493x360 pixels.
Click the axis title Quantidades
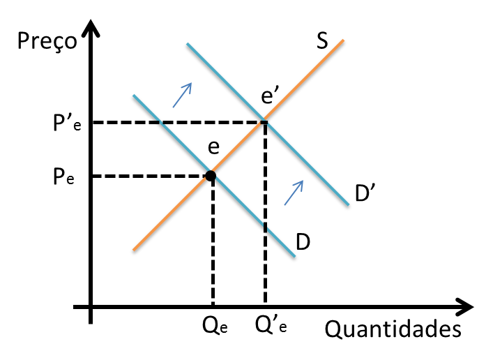393,328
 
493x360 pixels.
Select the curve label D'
365,196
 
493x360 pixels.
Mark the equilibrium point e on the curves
210,176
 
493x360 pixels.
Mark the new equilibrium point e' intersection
264,123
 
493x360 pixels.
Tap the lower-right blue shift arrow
294,192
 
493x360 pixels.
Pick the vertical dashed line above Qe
211,244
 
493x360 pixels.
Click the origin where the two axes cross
91,306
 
